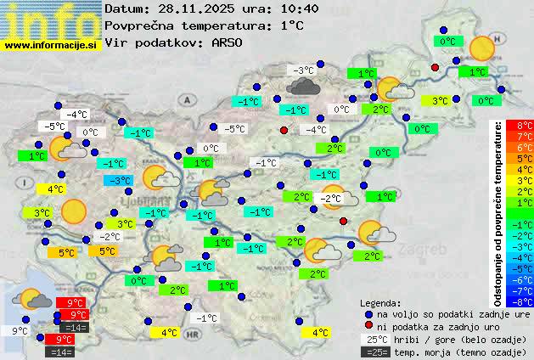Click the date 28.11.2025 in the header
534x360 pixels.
tap(194, 9)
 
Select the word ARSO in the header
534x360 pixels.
tap(228, 42)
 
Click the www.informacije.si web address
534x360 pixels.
tap(51, 44)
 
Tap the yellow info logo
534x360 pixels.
tap(51, 19)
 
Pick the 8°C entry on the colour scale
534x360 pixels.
tap(525, 125)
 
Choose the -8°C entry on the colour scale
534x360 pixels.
tap(525, 301)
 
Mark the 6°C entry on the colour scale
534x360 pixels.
tap(525, 147)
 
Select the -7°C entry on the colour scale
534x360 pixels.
tap(525, 290)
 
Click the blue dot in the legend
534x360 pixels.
tap(368, 313)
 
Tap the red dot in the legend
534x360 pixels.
tap(368, 326)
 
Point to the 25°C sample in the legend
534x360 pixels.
tap(374, 340)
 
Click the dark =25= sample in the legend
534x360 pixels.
tap(374, 352)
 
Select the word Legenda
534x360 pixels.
tap(380, 302)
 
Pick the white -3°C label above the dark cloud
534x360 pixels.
tap(301, 70)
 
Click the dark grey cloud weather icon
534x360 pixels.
tap(303, 85)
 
